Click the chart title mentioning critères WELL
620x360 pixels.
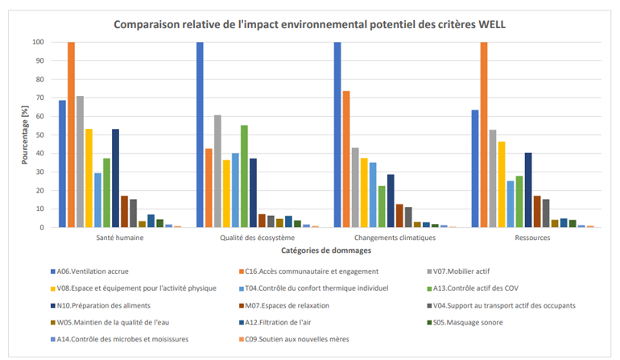310,24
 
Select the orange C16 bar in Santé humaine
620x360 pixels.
71,134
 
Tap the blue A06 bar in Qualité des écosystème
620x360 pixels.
200,134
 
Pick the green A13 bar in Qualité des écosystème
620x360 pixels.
244,176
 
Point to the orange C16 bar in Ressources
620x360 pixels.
484,134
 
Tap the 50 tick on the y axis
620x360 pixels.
38,134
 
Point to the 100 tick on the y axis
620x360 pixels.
36,42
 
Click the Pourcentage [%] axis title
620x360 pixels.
26,134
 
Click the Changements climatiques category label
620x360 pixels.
391,239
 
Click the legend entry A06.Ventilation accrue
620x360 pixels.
93,271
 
